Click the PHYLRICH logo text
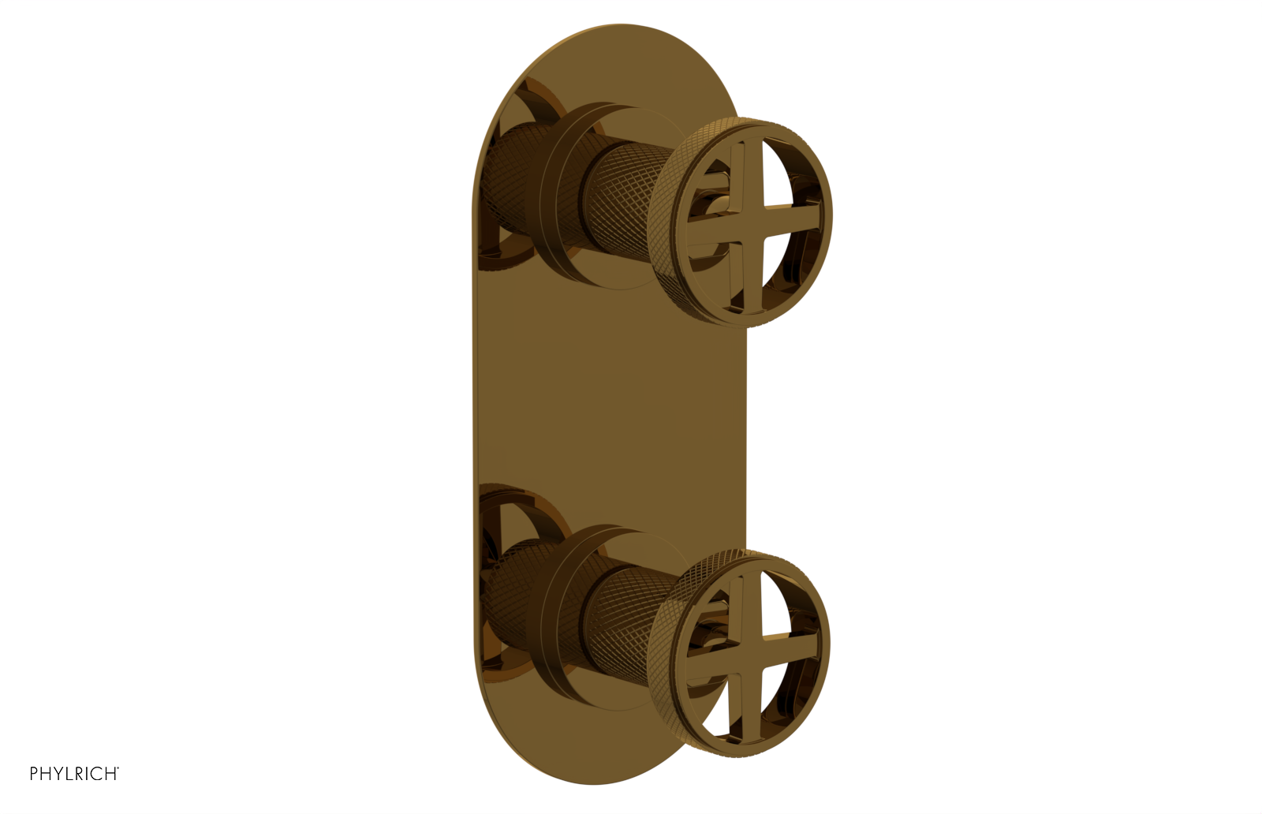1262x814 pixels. coord(74,773)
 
